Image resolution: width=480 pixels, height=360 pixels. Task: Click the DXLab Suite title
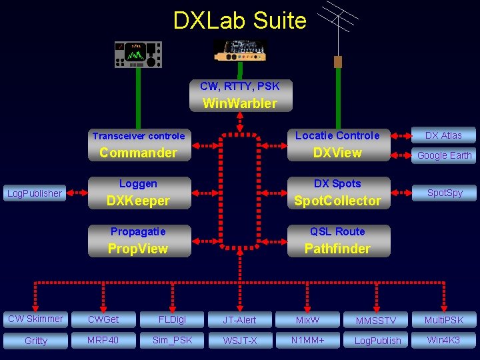(239, 21)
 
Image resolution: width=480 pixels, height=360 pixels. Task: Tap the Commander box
(139, 145)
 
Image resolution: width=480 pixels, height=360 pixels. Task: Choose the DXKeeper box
(139, 193)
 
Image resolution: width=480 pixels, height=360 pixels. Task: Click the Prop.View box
(139, 241)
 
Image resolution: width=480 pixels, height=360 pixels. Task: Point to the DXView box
(337, 145)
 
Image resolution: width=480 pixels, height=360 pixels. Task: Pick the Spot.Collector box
(337, 193)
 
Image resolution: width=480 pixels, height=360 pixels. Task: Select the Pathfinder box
(337, 241)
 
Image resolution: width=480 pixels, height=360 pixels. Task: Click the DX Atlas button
(443, 135)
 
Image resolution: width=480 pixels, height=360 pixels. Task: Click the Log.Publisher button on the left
(34, 193)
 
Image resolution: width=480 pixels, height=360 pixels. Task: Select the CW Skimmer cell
(35, 319)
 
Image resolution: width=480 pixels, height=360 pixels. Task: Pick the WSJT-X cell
(239, 341)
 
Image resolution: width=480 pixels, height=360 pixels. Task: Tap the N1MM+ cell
(307, 341)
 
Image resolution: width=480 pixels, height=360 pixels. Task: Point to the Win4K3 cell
(443, 341)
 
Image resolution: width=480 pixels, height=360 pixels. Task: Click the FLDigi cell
(172, 319)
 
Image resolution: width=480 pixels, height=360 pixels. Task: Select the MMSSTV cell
(376, 320)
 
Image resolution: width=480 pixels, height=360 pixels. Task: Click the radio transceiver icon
(138, 55)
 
